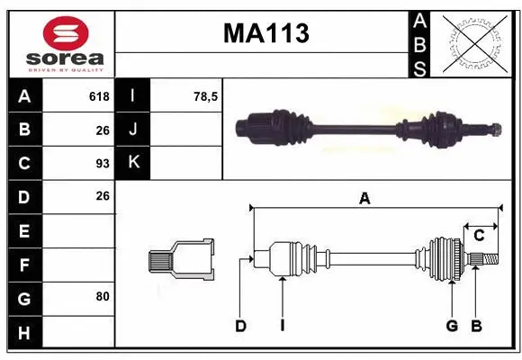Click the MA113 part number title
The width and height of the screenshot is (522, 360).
click(265, 33)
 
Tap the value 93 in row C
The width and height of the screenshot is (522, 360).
click(102, 164)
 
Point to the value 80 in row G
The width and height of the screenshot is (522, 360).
click(102, 295)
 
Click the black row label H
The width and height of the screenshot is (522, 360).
click(24, 334)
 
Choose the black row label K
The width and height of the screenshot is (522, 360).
click(133, 163)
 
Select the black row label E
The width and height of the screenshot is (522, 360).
click(24, 230)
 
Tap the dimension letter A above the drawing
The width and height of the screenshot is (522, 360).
click(364, 199)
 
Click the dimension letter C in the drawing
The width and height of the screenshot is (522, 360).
click(480, 236)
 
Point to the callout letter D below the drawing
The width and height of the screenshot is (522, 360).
click(240, 326)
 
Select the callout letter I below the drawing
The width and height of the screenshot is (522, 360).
click(282, 326)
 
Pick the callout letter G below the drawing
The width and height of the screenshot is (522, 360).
click(452, 326)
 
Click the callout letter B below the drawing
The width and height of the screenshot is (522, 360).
click(477, 326)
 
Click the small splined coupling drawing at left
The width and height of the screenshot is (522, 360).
click(181, 259)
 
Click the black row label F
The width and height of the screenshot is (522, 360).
click(24, 265)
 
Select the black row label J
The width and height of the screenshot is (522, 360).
click(133, 130)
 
